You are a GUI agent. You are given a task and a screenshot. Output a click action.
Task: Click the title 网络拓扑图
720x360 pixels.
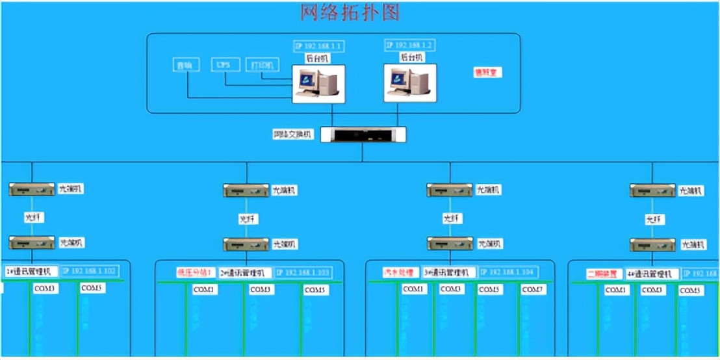(350, 12)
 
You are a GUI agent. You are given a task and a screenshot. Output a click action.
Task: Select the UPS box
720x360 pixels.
(225, 65)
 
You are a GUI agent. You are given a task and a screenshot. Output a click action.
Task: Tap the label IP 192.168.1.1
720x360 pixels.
(319, 46)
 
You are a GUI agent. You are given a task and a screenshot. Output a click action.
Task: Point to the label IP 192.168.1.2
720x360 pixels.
(410, 45)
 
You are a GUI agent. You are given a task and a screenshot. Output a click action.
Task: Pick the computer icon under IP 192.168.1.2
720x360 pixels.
(409, 83)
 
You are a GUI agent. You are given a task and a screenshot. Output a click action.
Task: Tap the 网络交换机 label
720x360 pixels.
(293, 135)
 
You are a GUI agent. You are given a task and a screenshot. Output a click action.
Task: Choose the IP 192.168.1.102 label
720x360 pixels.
(92, 271)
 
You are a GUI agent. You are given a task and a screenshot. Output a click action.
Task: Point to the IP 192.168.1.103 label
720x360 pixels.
(303, 273)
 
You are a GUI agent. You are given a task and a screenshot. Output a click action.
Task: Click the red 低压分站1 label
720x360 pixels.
(194, 273)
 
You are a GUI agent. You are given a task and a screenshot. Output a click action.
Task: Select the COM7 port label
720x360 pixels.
(532, 289)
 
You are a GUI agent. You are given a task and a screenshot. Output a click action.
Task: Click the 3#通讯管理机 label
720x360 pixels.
(448, 273)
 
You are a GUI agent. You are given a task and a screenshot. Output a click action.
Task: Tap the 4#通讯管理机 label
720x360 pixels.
(652, 274)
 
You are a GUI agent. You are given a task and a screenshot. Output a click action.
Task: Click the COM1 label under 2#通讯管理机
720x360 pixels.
(205, 289)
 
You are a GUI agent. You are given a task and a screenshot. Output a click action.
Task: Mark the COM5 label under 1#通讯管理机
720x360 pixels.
(92, 288)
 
